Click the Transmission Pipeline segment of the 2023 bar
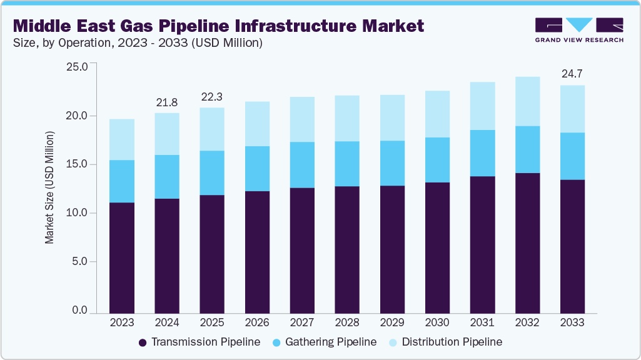pos(122,257)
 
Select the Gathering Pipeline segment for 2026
pos(257,169)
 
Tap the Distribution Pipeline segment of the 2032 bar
pos(527,101)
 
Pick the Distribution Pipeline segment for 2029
pos(392,117)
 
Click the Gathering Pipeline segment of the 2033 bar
pos(572,156)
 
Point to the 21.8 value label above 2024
pos(167,101)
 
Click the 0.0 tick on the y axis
pos(81,311)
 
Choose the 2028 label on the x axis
pos(347,323)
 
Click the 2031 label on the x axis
pos(482,323)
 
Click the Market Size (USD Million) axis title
pos(50,187)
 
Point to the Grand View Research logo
pos(579,29)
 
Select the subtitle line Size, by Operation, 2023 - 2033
pos(138,43)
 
